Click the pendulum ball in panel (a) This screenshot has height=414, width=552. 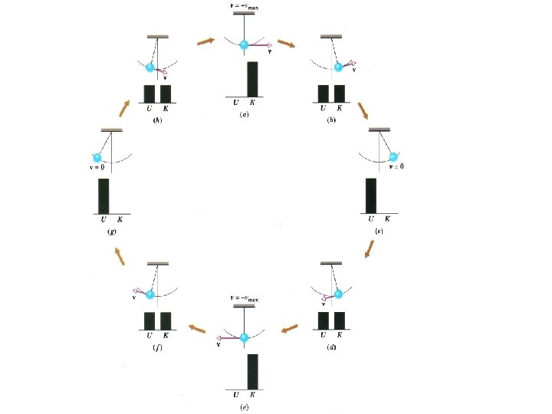[245, 45]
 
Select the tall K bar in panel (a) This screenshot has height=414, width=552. [253, 79]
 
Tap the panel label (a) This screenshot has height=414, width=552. [244, 114]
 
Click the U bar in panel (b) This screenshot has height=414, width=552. [324, 94]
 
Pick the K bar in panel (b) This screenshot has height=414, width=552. [340, 94]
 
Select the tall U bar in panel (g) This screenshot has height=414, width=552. [103, 196]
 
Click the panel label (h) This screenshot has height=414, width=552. [157, 120]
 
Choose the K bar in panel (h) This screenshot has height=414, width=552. [166, 94]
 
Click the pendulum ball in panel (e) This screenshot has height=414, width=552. [245, 337]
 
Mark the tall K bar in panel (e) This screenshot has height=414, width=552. [253, 372]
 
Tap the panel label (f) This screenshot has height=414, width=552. [158, 347]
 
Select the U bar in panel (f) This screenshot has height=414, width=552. [149, 320]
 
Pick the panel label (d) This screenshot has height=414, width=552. [331, 347]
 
